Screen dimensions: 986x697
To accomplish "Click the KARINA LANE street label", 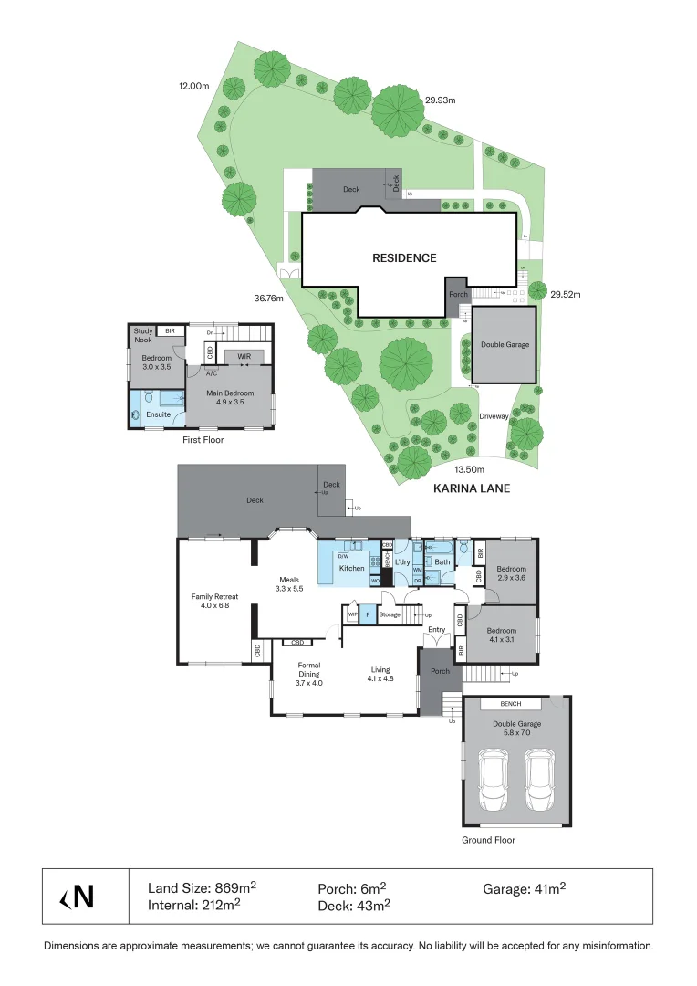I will click(471, 488).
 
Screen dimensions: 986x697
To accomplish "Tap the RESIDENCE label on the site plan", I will click(404, 257).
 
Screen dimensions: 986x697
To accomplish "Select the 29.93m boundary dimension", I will click(442, 100).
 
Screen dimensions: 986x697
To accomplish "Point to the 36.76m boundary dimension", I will click(269, 298).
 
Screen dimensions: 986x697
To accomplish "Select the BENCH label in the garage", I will click(511, 704).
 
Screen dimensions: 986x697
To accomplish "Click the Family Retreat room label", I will click(214, 600).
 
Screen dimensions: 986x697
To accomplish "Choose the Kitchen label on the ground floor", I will click(352, 568).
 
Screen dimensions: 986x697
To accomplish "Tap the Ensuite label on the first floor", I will click(158, 414).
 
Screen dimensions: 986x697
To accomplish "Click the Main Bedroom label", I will click(224, 398).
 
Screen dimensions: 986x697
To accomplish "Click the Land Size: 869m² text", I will click(202, 887).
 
